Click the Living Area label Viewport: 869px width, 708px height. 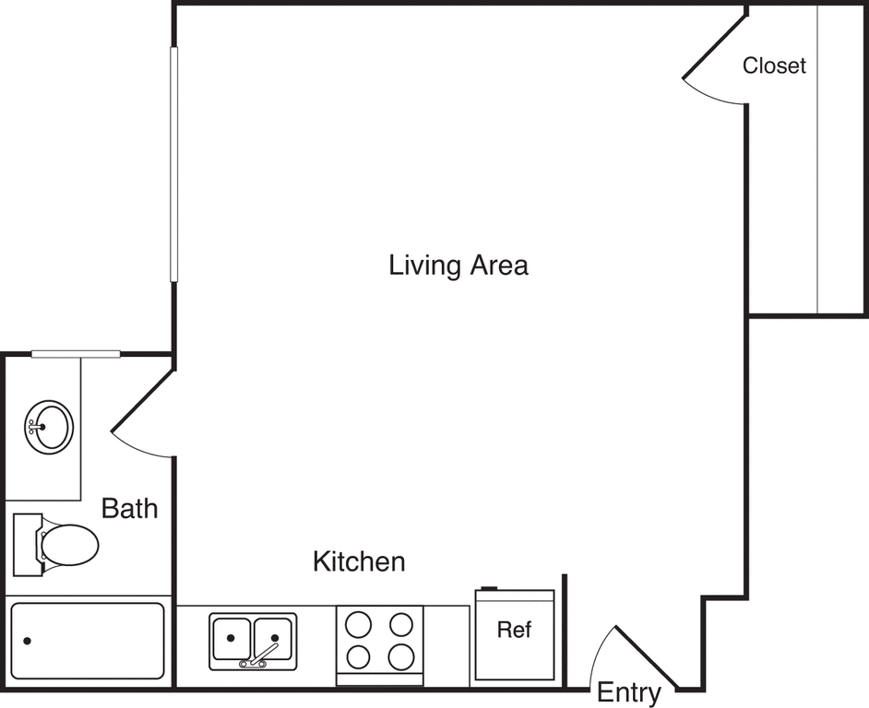[x=458, y=266]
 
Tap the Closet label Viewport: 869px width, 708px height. [x=774, y=66]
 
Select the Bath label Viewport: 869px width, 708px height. [x=129, y=508]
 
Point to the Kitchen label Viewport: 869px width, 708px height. [x=359, y=561]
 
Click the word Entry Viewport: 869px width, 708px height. [x=629, y=692]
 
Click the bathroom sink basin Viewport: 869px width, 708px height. [x=50, y=426]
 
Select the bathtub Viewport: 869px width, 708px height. [x=88, y=641]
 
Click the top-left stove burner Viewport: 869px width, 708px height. [x=358, y=625]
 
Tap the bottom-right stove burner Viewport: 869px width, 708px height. [x=401, y=657]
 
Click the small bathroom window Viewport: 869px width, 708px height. [x=76, y=354]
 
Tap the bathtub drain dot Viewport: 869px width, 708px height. [x=28, y=641]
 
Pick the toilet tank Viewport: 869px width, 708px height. [x=27, y=545]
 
